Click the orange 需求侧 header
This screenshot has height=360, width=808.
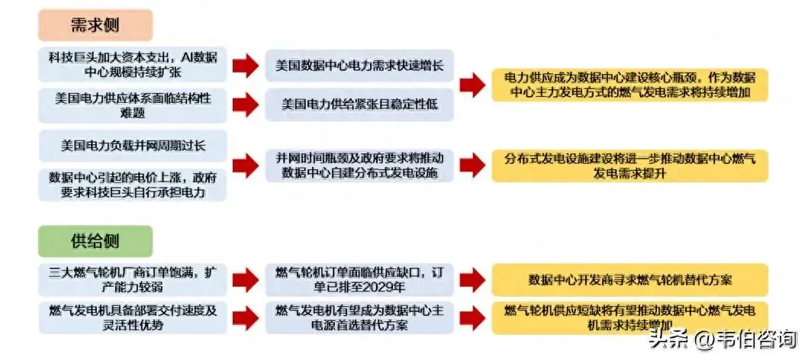95,24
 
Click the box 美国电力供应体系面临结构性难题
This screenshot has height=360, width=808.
133,104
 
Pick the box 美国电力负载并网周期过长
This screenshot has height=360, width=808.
133,144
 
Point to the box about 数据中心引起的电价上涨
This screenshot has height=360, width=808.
133,185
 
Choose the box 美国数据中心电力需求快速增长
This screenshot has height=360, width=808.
359,66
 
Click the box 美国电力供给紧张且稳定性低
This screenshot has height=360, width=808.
359,104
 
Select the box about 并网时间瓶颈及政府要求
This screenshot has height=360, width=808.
359,165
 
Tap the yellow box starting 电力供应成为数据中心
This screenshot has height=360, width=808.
629,85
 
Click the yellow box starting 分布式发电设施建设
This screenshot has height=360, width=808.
629,165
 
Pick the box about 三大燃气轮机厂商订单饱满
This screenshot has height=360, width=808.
133,279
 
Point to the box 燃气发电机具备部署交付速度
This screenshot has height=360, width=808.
133,317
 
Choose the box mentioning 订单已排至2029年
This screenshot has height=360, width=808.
359,279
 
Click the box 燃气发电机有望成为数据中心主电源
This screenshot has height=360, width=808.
359,317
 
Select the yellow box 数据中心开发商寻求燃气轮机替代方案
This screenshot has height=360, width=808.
629,279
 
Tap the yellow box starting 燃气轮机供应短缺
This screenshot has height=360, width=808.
629,317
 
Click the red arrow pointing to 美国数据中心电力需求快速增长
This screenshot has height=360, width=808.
245,66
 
